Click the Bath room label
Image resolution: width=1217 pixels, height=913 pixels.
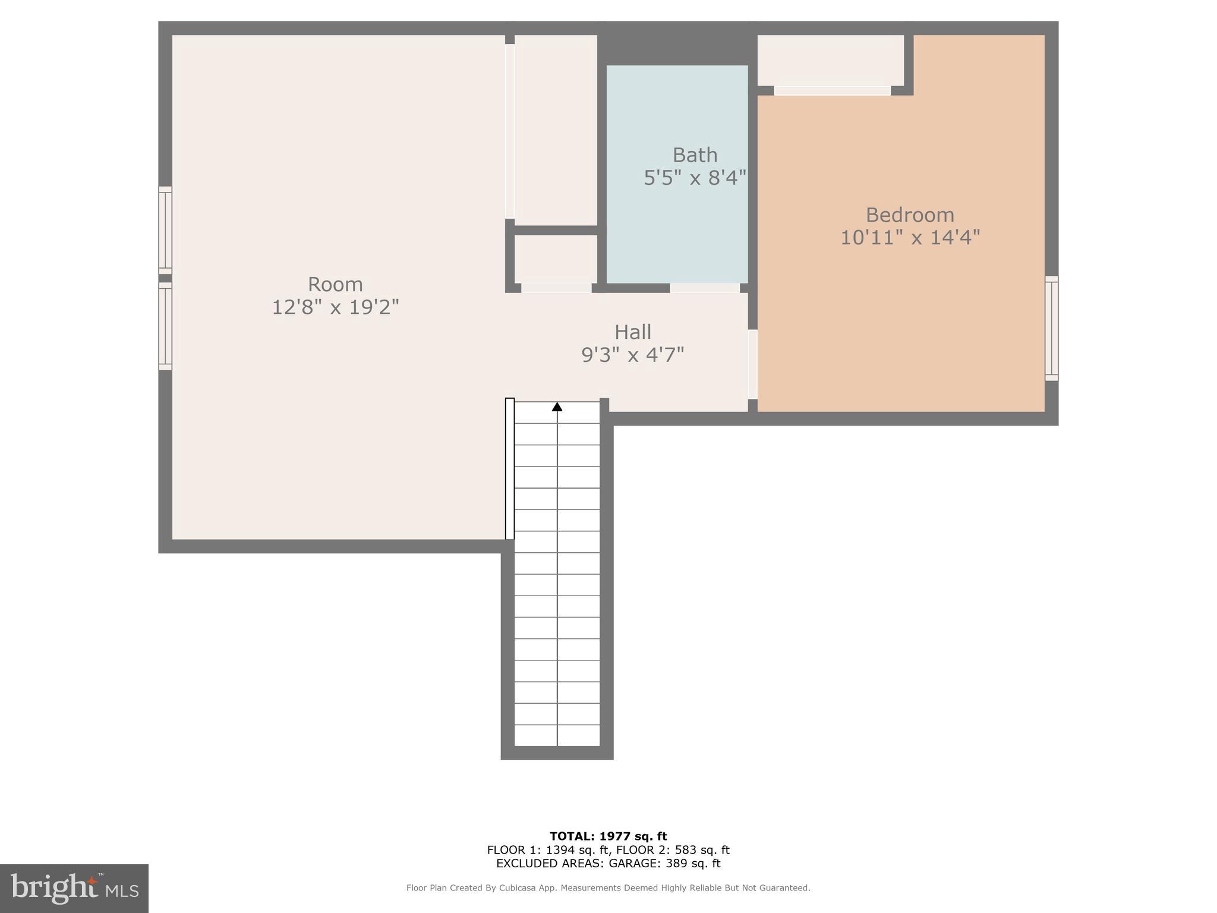pyautogui.click(x=695, y=155)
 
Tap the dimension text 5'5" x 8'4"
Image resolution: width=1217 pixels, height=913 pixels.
pyautogui.click(x=695, y=178)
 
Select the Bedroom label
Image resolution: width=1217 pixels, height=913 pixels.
pyautogui.click(x=909, y=215)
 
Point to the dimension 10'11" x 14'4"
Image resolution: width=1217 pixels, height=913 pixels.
pyautogui.click(x=909, y=238)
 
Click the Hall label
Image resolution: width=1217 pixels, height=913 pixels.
pyautogui.click(x=632, y=332)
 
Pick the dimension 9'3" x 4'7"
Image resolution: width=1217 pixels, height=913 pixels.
pyautogui.click(x=632, y=355)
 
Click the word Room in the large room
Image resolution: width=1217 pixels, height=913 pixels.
pyautogui.click(x=335, y=284)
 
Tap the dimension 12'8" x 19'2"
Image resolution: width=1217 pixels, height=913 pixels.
pyautogui.click(x=335, y=307)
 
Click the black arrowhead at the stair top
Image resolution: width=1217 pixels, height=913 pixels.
pyautogui.click(x=557, y=407)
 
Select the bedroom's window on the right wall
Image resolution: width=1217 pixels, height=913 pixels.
pyautogui.click(x=1051, y=328)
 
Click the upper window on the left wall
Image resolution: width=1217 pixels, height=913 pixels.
pyautogui.click(x=165, y=230)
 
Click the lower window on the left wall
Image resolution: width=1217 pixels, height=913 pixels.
pyautogui.click(x=165, y=326)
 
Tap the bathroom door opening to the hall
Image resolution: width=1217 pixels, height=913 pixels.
pyautogui.click(x=705, y=288)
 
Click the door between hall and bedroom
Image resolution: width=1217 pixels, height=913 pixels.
pyautogui.click(x=752, y=364)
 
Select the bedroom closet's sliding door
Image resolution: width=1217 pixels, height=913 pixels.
pyautogui.click(x=832, y=91)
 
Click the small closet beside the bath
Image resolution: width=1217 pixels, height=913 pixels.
pyautogui.click(x=556, y=259)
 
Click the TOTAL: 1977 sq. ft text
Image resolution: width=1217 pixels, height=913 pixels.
pyautogui.click(x=608, y=836)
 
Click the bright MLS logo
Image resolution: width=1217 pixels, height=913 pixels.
pyautogui.click(x=74, y=888)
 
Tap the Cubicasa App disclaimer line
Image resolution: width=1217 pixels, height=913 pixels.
pyautogui.click(x=608, y=888)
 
